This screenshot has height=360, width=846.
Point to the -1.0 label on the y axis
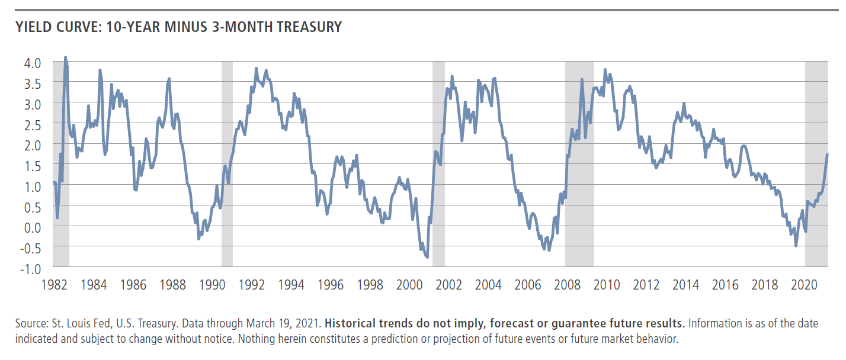[x=31, y=268]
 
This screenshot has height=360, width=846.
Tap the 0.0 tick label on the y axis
[x=33, y=227]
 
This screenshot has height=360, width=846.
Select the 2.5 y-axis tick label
[x=33, y=124]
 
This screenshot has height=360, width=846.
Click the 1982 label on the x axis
[x=55, y=285]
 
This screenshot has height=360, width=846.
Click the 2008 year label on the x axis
[x=567, y=285]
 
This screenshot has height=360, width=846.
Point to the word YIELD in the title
[x=33, y=27]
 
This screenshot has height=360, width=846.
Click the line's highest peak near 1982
[x=65, y=57]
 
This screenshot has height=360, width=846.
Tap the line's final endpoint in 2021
[x=827, y=155]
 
